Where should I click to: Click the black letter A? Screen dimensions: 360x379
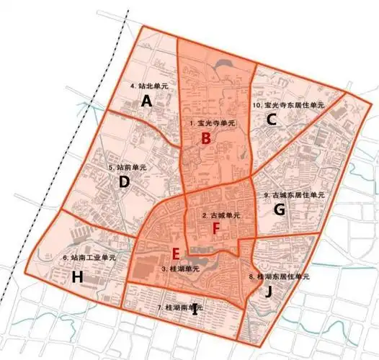[146, 102]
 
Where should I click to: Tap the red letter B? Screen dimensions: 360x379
[206, 138]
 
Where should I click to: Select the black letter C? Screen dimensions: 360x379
[271, 120]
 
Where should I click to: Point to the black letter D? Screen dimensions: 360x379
[124, 182]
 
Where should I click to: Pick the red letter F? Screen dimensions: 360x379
[215, 228]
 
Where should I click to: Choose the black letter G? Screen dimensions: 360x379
[280, 210]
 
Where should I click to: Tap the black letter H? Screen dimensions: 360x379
[78, 276]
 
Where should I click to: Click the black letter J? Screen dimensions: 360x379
[268, 292]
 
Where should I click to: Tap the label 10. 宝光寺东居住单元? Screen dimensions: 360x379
[288, 105]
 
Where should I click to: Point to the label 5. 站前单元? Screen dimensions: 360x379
[128, 167]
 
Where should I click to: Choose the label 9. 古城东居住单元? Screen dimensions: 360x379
[294, 195]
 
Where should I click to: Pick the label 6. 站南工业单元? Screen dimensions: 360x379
[89, 257]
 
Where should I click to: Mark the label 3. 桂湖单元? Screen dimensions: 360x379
[180, 269]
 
